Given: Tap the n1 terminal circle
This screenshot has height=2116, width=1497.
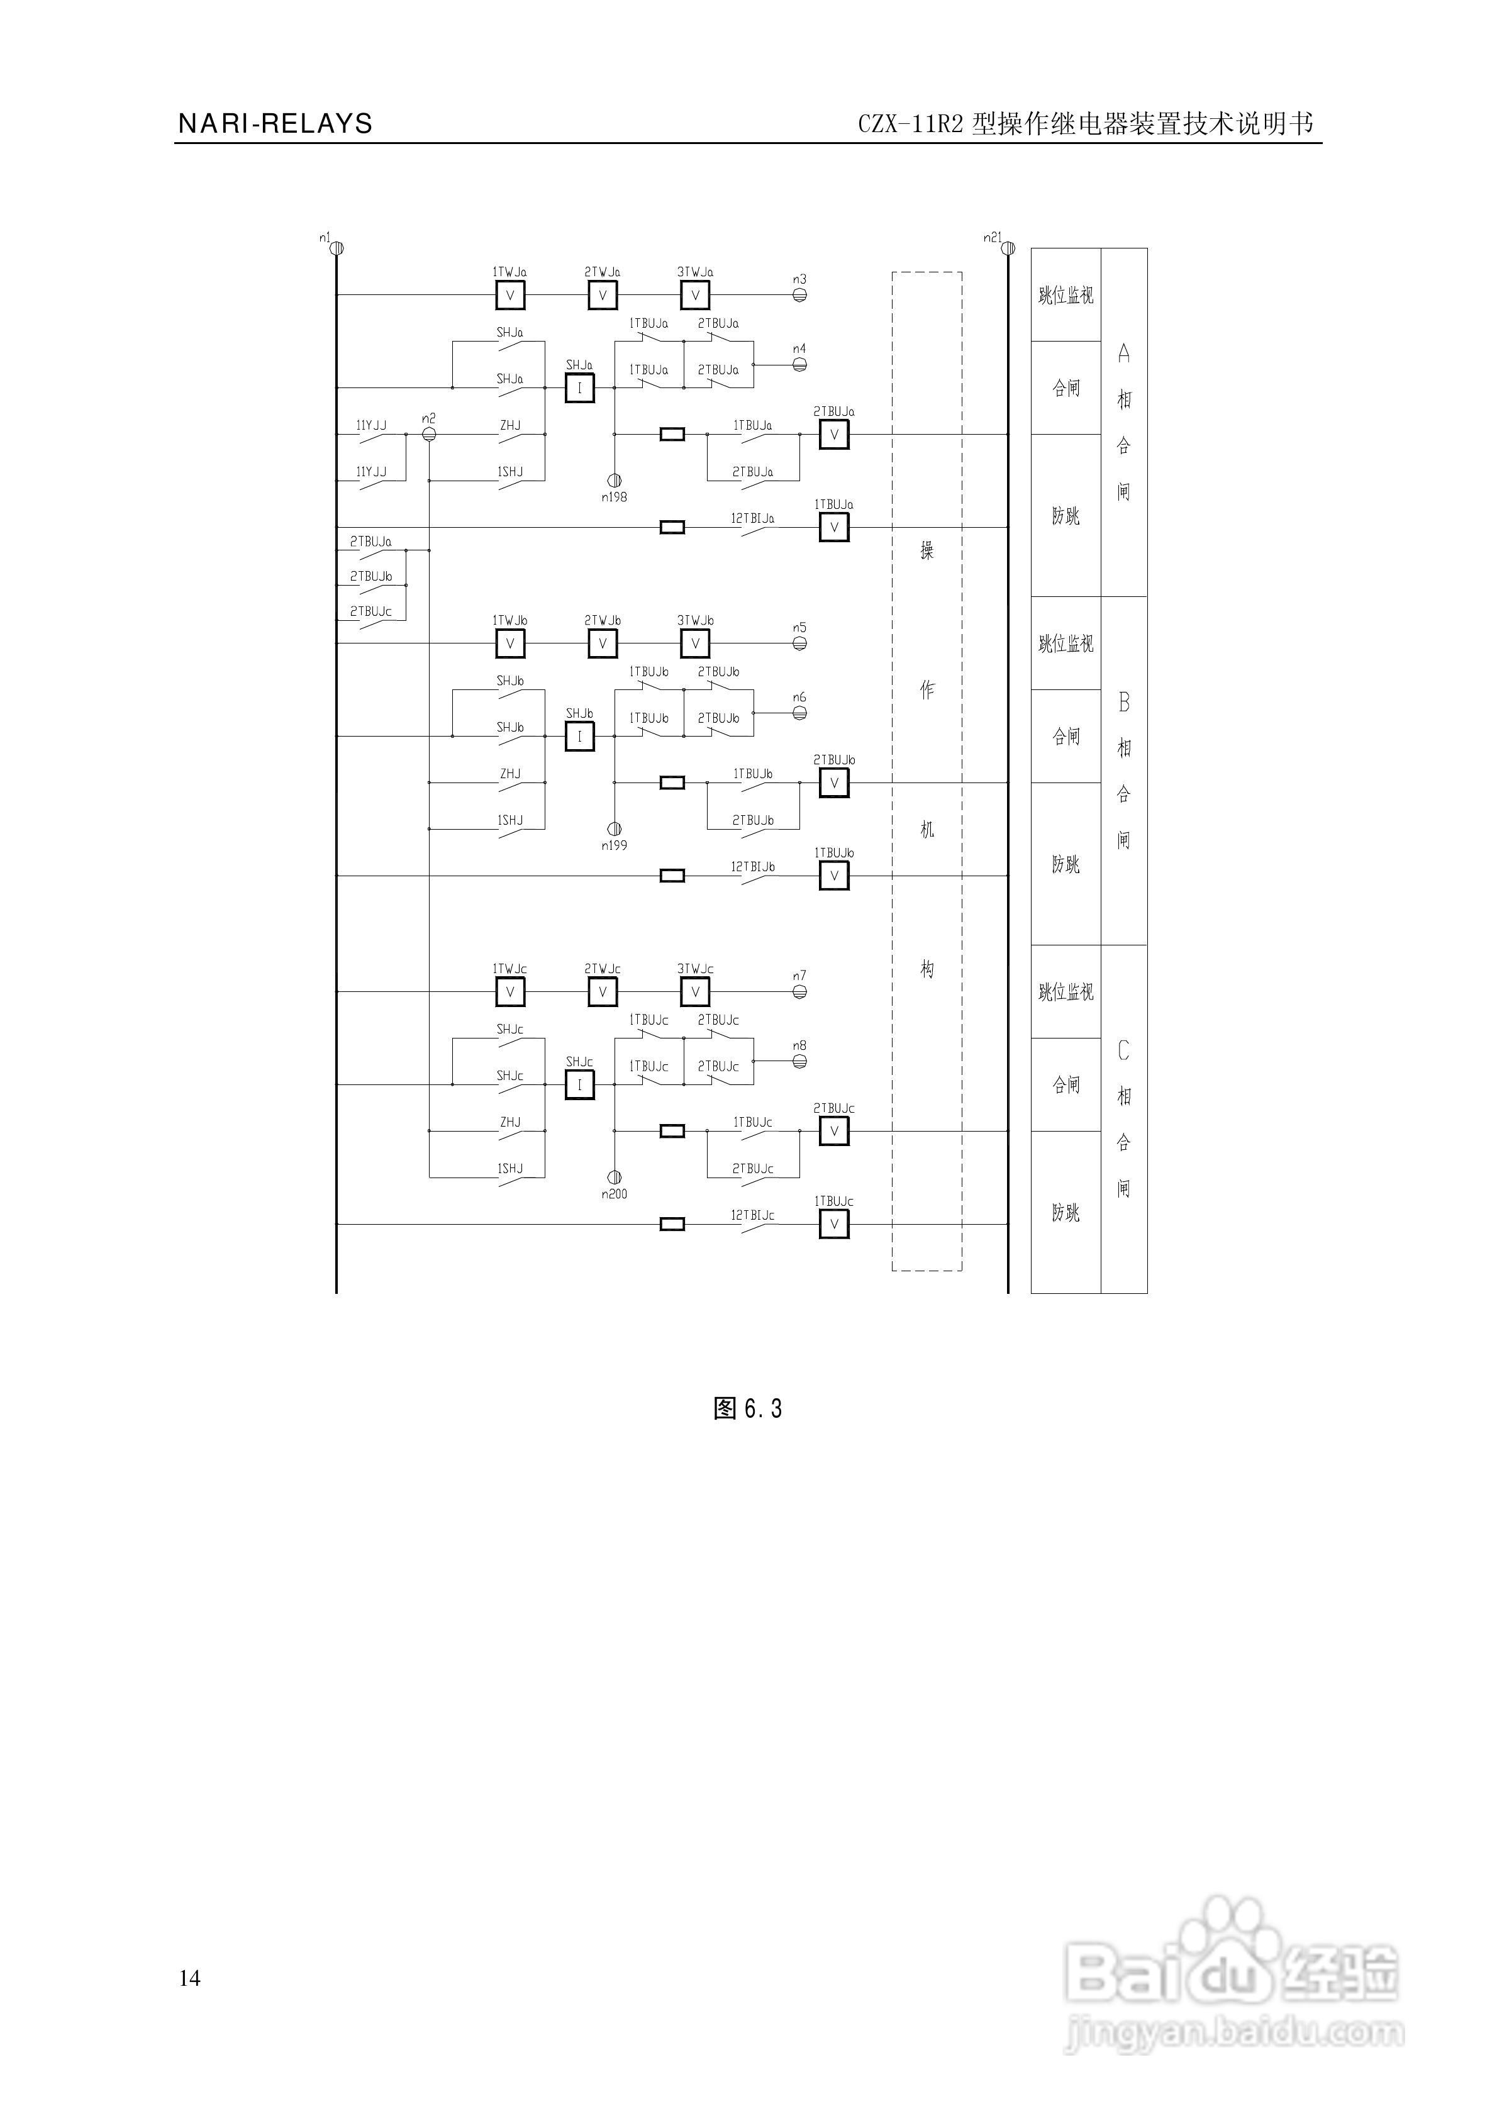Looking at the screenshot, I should tap(337, 248).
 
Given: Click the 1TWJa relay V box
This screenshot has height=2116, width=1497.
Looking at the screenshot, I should tap(509, 295).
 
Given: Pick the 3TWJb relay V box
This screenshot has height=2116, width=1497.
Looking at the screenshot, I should tap(695, 643).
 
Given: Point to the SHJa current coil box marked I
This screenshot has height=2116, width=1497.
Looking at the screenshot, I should tap(580, 389).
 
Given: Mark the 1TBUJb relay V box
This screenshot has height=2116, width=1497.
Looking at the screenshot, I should tap(834, 876).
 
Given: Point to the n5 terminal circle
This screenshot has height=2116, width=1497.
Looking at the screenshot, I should tap(800, 643).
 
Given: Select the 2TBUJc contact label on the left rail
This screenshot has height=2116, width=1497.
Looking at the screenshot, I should tap(370, 611).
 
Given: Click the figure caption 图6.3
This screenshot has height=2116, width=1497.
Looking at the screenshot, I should tap(748, 1408).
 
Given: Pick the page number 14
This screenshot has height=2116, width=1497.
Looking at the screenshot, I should tap(190, 1978).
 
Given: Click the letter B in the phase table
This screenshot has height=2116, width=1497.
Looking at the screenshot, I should tap(1123, 702).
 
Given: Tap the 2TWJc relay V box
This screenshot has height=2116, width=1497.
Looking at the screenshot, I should tap(603, 992).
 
